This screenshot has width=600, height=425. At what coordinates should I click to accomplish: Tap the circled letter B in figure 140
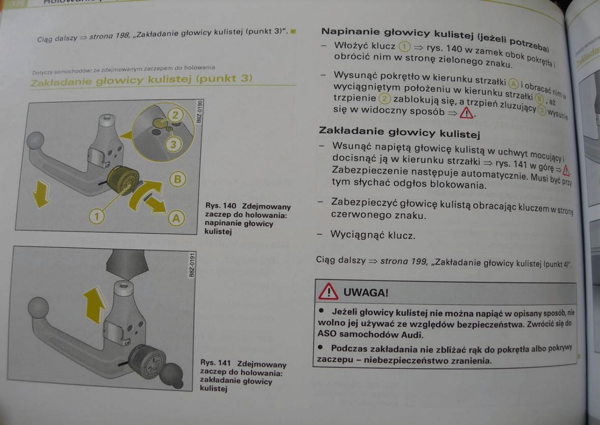coord(177,179)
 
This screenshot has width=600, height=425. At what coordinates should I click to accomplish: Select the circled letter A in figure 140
coord(176,218)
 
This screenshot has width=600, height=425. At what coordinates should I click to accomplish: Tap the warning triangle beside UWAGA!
coord(329,292)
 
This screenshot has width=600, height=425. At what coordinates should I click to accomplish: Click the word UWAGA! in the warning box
coord(366,293)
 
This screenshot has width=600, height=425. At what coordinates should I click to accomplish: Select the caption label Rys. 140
coord(220,206)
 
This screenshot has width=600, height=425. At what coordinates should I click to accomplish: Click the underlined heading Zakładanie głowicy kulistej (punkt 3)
coord(141,79)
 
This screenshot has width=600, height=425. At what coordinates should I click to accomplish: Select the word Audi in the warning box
coord(411,334)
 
